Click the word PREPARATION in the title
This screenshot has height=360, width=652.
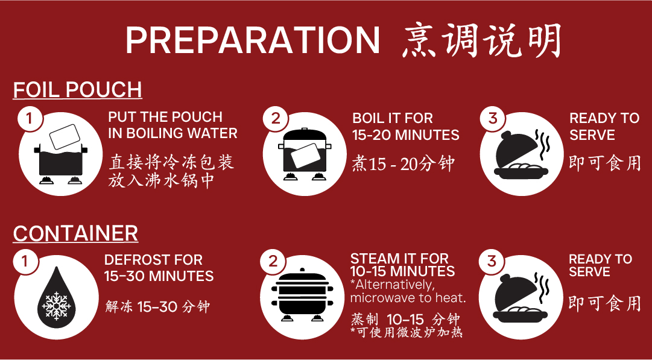253,40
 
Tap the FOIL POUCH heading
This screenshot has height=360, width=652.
78,90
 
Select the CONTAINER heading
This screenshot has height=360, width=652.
75,233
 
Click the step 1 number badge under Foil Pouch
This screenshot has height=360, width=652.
29,119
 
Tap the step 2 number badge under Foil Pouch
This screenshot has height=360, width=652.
275,119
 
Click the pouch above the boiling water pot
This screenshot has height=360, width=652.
65,137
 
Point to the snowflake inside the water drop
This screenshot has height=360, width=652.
57,306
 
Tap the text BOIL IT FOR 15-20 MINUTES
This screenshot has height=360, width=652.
406,127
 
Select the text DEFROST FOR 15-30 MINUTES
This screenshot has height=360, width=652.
159,268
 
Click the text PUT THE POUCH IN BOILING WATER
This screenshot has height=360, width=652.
172,125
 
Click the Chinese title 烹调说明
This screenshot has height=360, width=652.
481,40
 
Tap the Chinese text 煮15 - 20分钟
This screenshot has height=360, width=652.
403,164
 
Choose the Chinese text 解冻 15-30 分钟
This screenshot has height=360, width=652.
157,307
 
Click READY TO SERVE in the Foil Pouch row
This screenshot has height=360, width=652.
604,127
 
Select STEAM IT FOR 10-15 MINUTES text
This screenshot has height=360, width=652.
402,265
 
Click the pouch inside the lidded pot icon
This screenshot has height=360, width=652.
305,156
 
